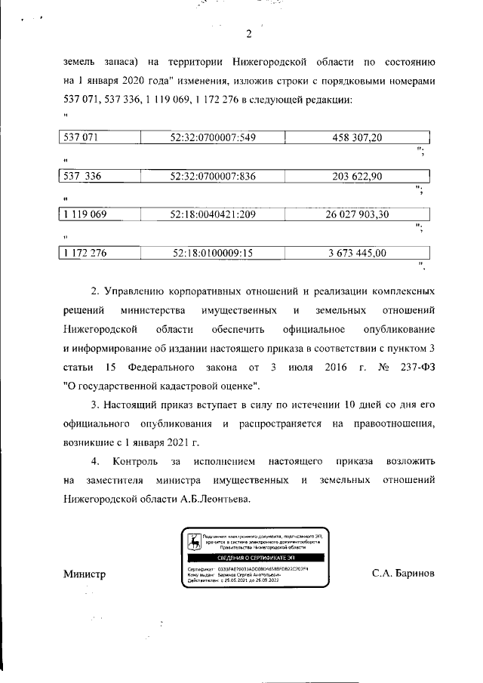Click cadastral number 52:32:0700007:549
tap(214, 137)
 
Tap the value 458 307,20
tap(357, 137)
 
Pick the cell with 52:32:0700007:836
tap(214, 176)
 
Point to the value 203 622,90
tap(357, 176)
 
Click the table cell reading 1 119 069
tap(85, 215)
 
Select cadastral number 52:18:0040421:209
tap(214, 215)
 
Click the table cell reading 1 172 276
tap(85, 254)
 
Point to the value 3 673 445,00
tap(357, 254)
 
